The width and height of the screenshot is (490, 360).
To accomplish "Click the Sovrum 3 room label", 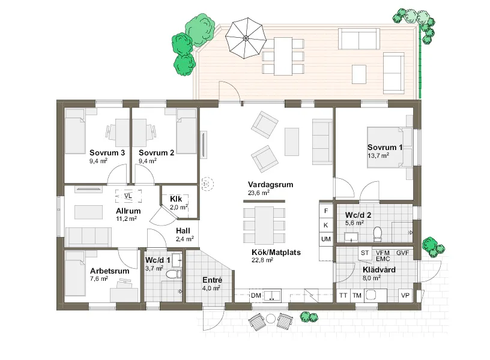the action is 107,152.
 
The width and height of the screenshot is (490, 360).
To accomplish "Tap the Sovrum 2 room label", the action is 156,152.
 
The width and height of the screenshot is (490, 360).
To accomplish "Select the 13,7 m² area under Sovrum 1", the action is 378,155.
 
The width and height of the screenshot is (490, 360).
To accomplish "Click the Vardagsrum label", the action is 271,185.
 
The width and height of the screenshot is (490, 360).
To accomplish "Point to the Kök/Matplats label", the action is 276,252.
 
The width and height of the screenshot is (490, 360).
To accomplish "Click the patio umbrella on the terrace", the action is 246,38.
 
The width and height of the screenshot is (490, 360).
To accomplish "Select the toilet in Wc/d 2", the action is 378,233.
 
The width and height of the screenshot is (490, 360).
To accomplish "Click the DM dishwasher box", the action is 256,295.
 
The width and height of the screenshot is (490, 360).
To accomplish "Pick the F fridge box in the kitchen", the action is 326,211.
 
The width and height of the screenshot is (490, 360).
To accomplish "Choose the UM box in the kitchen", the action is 326,239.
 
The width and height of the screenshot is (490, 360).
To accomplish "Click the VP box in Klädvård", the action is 405,295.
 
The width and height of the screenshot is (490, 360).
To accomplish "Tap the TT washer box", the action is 343,295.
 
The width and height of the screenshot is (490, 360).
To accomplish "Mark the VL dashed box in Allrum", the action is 128,196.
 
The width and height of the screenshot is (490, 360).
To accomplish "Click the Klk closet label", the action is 176,199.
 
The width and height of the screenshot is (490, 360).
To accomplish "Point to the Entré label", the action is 212,280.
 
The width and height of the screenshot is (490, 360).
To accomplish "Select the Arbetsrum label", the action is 110,271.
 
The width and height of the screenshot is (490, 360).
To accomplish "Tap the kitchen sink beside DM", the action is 272,295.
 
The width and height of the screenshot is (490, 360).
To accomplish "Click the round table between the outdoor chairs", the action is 271,319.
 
